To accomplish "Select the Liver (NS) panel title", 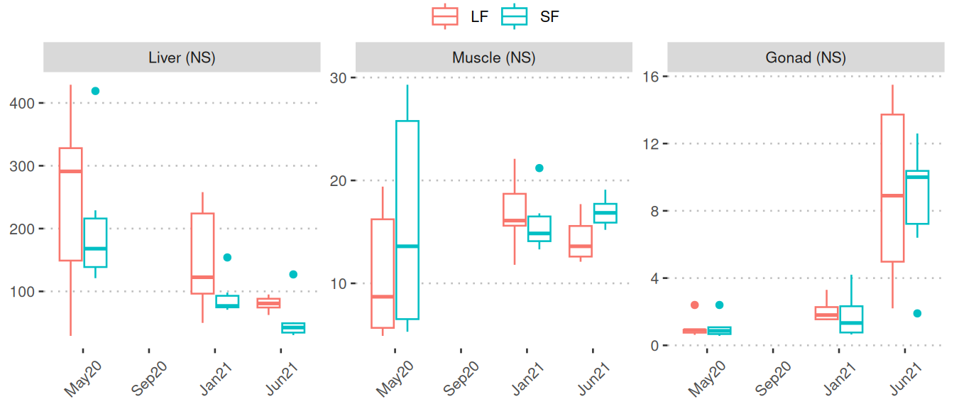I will tap(180, 58).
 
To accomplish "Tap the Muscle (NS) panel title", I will tap(493, 58).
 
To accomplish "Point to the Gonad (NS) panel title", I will tap(806, 58).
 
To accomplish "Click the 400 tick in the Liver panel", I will tap(23, 103).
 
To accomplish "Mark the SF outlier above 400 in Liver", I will tap(95, 91).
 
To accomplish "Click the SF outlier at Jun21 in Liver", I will tap(293, 274).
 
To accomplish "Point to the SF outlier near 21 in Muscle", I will tap(539, 168).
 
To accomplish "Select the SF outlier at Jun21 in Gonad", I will tap(917, 313).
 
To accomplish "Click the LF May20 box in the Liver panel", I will tap(70, 204).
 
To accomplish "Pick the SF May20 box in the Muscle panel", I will tap(407, 220).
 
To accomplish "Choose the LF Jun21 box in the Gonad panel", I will tap(892, 188).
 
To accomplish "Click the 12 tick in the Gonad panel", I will tap(649, 143).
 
